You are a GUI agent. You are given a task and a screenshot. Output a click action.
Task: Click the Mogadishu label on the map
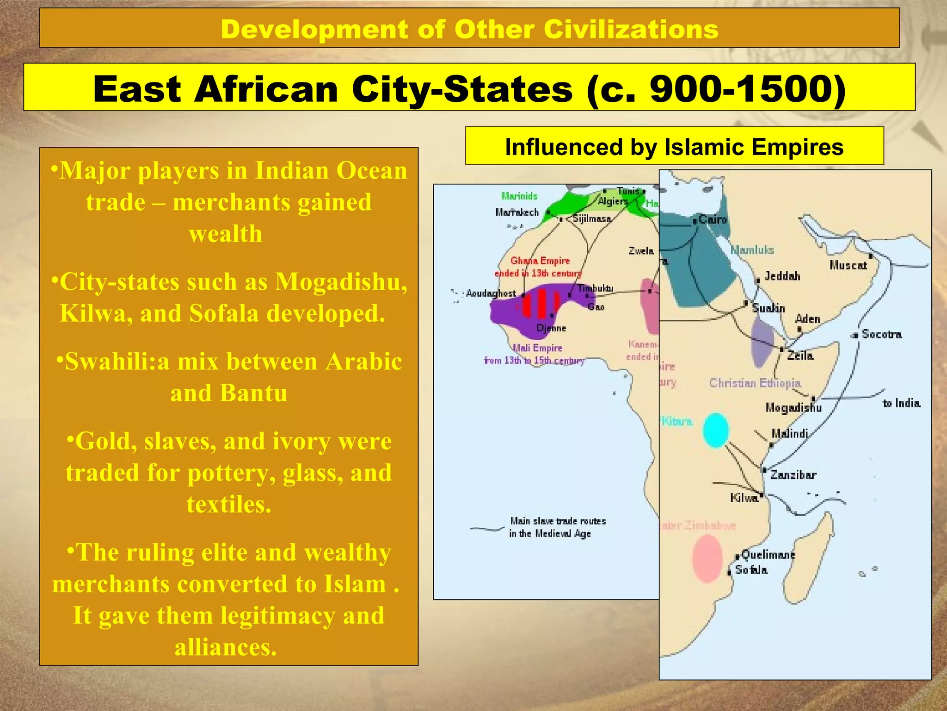[793, 407]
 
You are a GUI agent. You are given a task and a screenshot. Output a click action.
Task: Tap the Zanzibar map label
[793, 474]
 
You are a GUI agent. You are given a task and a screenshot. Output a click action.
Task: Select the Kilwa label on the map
[744, 498]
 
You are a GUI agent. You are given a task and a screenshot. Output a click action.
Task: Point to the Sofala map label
[751, 570]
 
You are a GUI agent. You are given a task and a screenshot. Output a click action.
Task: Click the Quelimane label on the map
[768, 554]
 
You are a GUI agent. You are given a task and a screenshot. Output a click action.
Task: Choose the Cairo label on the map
[713, 219]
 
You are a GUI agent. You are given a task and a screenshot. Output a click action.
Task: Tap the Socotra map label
[881, 334]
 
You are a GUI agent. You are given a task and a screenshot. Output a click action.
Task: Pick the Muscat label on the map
[848, 265]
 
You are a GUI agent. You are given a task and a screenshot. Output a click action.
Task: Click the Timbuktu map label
[595, 288]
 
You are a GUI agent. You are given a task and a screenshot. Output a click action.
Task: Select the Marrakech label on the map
[517, 212]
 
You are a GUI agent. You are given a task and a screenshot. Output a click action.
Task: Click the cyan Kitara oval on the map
[716, 430]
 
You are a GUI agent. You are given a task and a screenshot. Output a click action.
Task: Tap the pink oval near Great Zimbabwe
[707, 558]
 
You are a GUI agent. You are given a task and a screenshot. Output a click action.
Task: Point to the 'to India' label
[901, 403]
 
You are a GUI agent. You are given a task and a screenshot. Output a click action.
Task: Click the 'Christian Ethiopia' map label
[755, 383]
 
